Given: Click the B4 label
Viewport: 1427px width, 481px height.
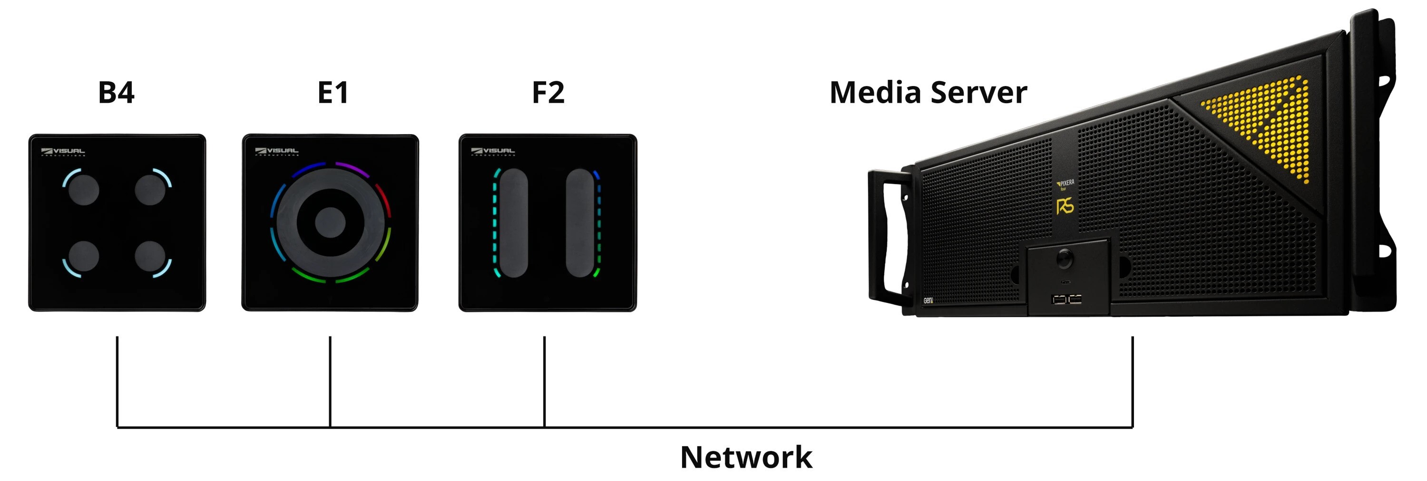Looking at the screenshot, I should (x=117, y=92).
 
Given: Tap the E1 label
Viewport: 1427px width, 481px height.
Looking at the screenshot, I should (x=333, y=92).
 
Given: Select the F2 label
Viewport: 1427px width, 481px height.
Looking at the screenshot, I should (x=548, y=92).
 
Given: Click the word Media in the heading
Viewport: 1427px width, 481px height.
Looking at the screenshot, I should (x=875, y=92).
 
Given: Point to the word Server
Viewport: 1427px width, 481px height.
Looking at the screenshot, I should (x=979, y=92).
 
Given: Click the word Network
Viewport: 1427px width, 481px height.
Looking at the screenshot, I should (x=746, y=457).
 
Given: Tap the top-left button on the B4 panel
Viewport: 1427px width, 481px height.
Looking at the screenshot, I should (x=84, y=189).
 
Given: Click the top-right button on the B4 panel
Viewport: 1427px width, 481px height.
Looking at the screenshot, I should (x=150, y=189).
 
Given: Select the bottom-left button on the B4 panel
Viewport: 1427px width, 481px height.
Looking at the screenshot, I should (x=84, y=256).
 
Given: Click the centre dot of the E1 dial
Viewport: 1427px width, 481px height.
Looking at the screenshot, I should (x=330, y=222).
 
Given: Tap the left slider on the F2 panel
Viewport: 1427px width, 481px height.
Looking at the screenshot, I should (x=514, y=223).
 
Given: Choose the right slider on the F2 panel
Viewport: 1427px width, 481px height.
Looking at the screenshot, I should (x=580, y=223).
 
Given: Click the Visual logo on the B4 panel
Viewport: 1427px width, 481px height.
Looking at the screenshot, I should (x=63, y=151).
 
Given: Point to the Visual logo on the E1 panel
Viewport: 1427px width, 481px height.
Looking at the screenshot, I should (x=276, y=151).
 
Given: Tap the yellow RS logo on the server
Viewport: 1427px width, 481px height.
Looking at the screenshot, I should (x=1065, y=206).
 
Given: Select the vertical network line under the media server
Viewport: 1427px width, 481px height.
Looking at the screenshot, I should (x=1132, y=382).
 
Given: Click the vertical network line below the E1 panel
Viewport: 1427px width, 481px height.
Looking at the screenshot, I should (x=330, y=382).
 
